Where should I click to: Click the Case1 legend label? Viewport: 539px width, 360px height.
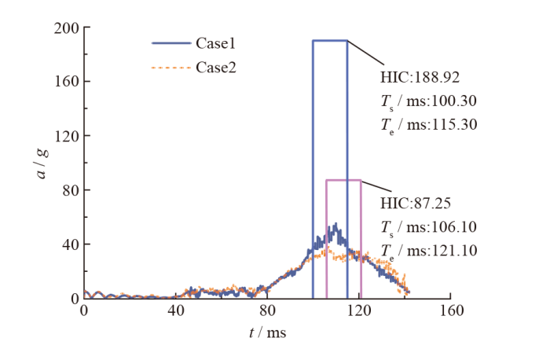coord(216,45)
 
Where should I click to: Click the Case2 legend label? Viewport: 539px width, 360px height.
coord(216,68)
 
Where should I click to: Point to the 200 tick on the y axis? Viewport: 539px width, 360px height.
coord(69,28)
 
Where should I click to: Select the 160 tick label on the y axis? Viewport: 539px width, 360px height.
coord(69,82)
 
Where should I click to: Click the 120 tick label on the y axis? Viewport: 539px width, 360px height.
coord(69,136)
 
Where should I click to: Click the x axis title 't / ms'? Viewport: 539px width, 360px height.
coord(267,333)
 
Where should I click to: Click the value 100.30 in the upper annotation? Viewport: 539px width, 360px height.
coord(455,101)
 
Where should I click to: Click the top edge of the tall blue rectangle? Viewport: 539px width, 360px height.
coord(330,40)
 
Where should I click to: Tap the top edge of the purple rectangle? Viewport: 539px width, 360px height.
coord(343,180)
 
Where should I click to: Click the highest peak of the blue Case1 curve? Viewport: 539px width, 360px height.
coord(335,224)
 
